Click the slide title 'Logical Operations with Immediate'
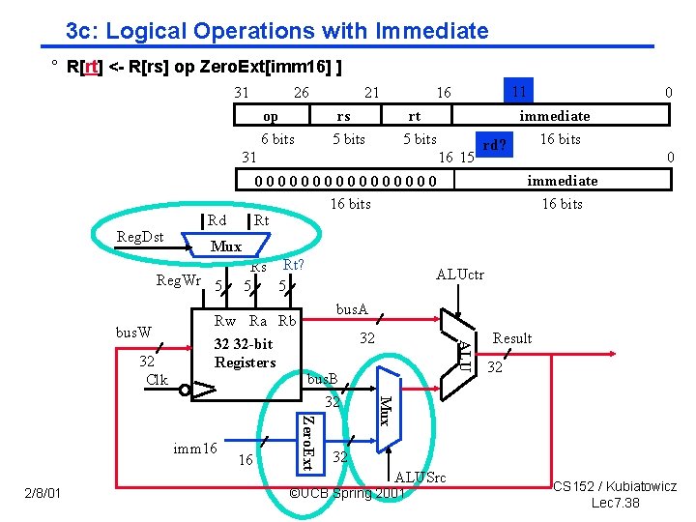pyautogui.click(x=277, y=31)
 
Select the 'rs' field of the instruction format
pyautogui.click(x=343, y=116)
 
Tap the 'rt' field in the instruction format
pyautogui.click(x=415, y=116)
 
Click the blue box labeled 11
pyautogui.click(x=519, y=93)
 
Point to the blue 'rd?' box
pyautogui.click(x=495, y=144)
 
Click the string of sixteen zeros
pyautogui.click(x=345, y=181)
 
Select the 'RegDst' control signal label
pyautogui.click(x=139, y=236)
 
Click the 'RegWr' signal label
pyautogui.click(x=178, y=280)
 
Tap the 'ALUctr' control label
pyautogui.click(x=460, y=275)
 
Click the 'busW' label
pyautogui.click(x=133, y=332)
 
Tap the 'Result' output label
pyautogui.click(x=512, y=338)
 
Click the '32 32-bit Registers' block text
pyautogui.click(x=245, y=353)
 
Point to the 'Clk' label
pyautogui.click(x=156, y=380)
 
